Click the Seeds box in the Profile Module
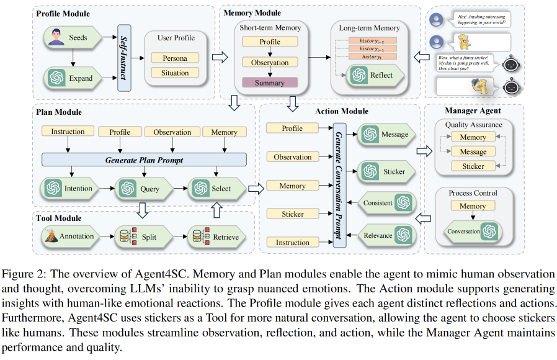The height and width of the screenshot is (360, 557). tap(70, 38)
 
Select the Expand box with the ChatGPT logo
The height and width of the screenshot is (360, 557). tap(70, 78)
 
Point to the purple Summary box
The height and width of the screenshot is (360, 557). tap(270, 83)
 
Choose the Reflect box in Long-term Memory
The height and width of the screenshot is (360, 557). tap(374, 75)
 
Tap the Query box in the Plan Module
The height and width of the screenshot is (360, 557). tap(143, 189)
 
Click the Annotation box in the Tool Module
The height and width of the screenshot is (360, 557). tap(69, 236)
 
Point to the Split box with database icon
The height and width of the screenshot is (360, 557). tap(141, 236)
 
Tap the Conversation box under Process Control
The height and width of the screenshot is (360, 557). tap(473, 232)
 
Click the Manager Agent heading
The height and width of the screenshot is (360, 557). tap(472, 111)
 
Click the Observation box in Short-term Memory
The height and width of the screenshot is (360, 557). tap(270, 63)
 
